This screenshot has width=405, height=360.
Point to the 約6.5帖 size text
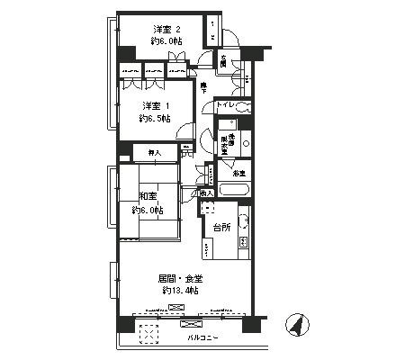[156, 117]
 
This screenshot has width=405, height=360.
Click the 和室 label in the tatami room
[147, 195]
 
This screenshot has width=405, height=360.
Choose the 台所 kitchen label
[223, 228]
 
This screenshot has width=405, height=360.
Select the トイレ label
[225, 106]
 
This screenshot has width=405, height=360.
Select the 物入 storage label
[207, 193]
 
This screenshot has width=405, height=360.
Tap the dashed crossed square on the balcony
[148, 333]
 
